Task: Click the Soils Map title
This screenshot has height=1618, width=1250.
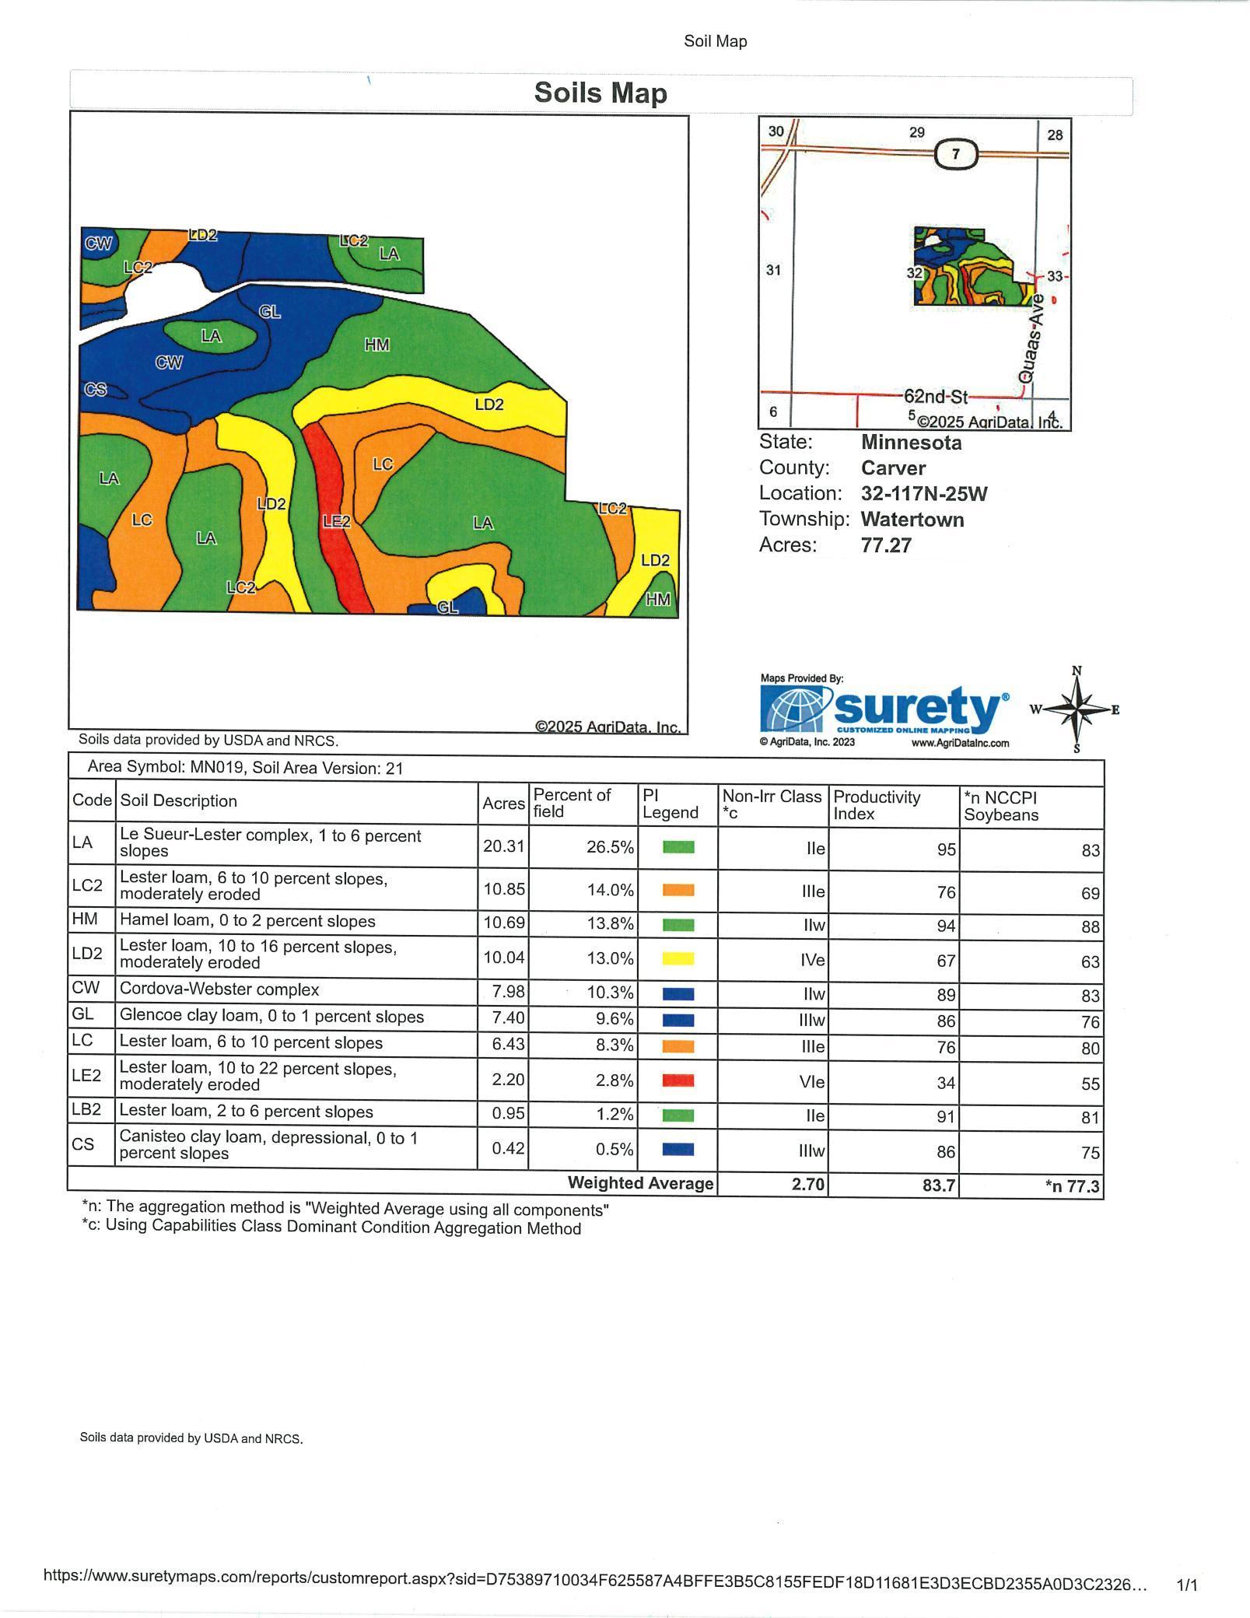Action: tap(600, 93)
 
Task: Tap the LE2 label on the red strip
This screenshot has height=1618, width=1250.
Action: tap(337, 521)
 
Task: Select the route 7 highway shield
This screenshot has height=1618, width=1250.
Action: tap(955, 154)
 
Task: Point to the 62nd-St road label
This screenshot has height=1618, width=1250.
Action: tap(935, 397)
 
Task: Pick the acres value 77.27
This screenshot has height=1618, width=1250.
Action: tap(886, 545)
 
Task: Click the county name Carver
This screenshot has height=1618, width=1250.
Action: tap(893, 468)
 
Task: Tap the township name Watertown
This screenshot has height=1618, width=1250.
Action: tap(912, 520)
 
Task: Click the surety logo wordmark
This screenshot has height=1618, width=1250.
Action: tap(918, 708)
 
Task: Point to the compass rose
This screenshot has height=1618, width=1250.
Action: tap(1077, 709)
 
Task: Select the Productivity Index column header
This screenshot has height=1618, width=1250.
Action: tap(877, 805)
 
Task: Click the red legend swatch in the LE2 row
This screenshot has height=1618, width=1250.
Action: tap(678, 1080)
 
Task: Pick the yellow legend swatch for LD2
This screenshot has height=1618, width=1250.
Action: tap(678, 958)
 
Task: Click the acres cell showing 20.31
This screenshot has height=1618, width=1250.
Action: tap(503, 846)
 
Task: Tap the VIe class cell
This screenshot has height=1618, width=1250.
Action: tap(812, 1082)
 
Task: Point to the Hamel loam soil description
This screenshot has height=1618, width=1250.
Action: tap(247, 921)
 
